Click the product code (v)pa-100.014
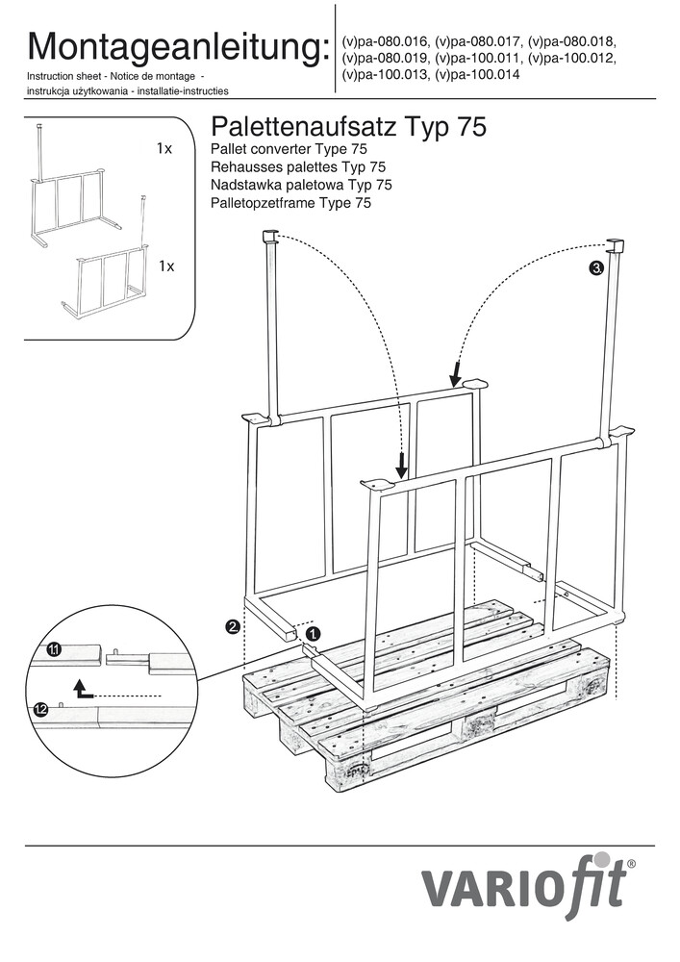[477, 75]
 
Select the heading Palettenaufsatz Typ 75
[347, 127]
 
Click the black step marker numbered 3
[596, 267]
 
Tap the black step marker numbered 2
[233, 627]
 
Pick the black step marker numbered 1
[313, 634]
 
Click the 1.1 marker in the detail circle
[55, 651]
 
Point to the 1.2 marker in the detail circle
[40, 710]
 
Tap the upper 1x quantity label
[164, 149]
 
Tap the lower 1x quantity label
[166, 266]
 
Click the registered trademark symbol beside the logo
[631, 865]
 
